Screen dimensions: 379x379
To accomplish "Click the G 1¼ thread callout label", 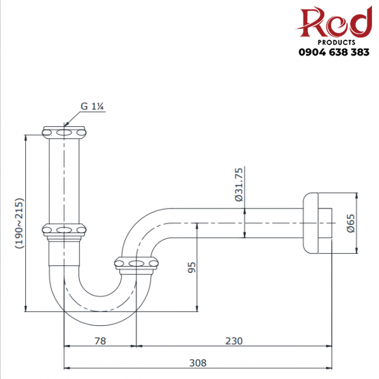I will pos(92,106).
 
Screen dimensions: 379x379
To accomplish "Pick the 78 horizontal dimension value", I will pos(100,340).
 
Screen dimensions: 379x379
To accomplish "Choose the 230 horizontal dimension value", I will pos(234,340).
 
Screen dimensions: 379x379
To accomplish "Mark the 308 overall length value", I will pos(197,363).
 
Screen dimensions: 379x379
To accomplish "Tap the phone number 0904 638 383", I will pos(334,52).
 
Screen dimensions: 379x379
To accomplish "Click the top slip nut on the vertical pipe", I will pos(65,133).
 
